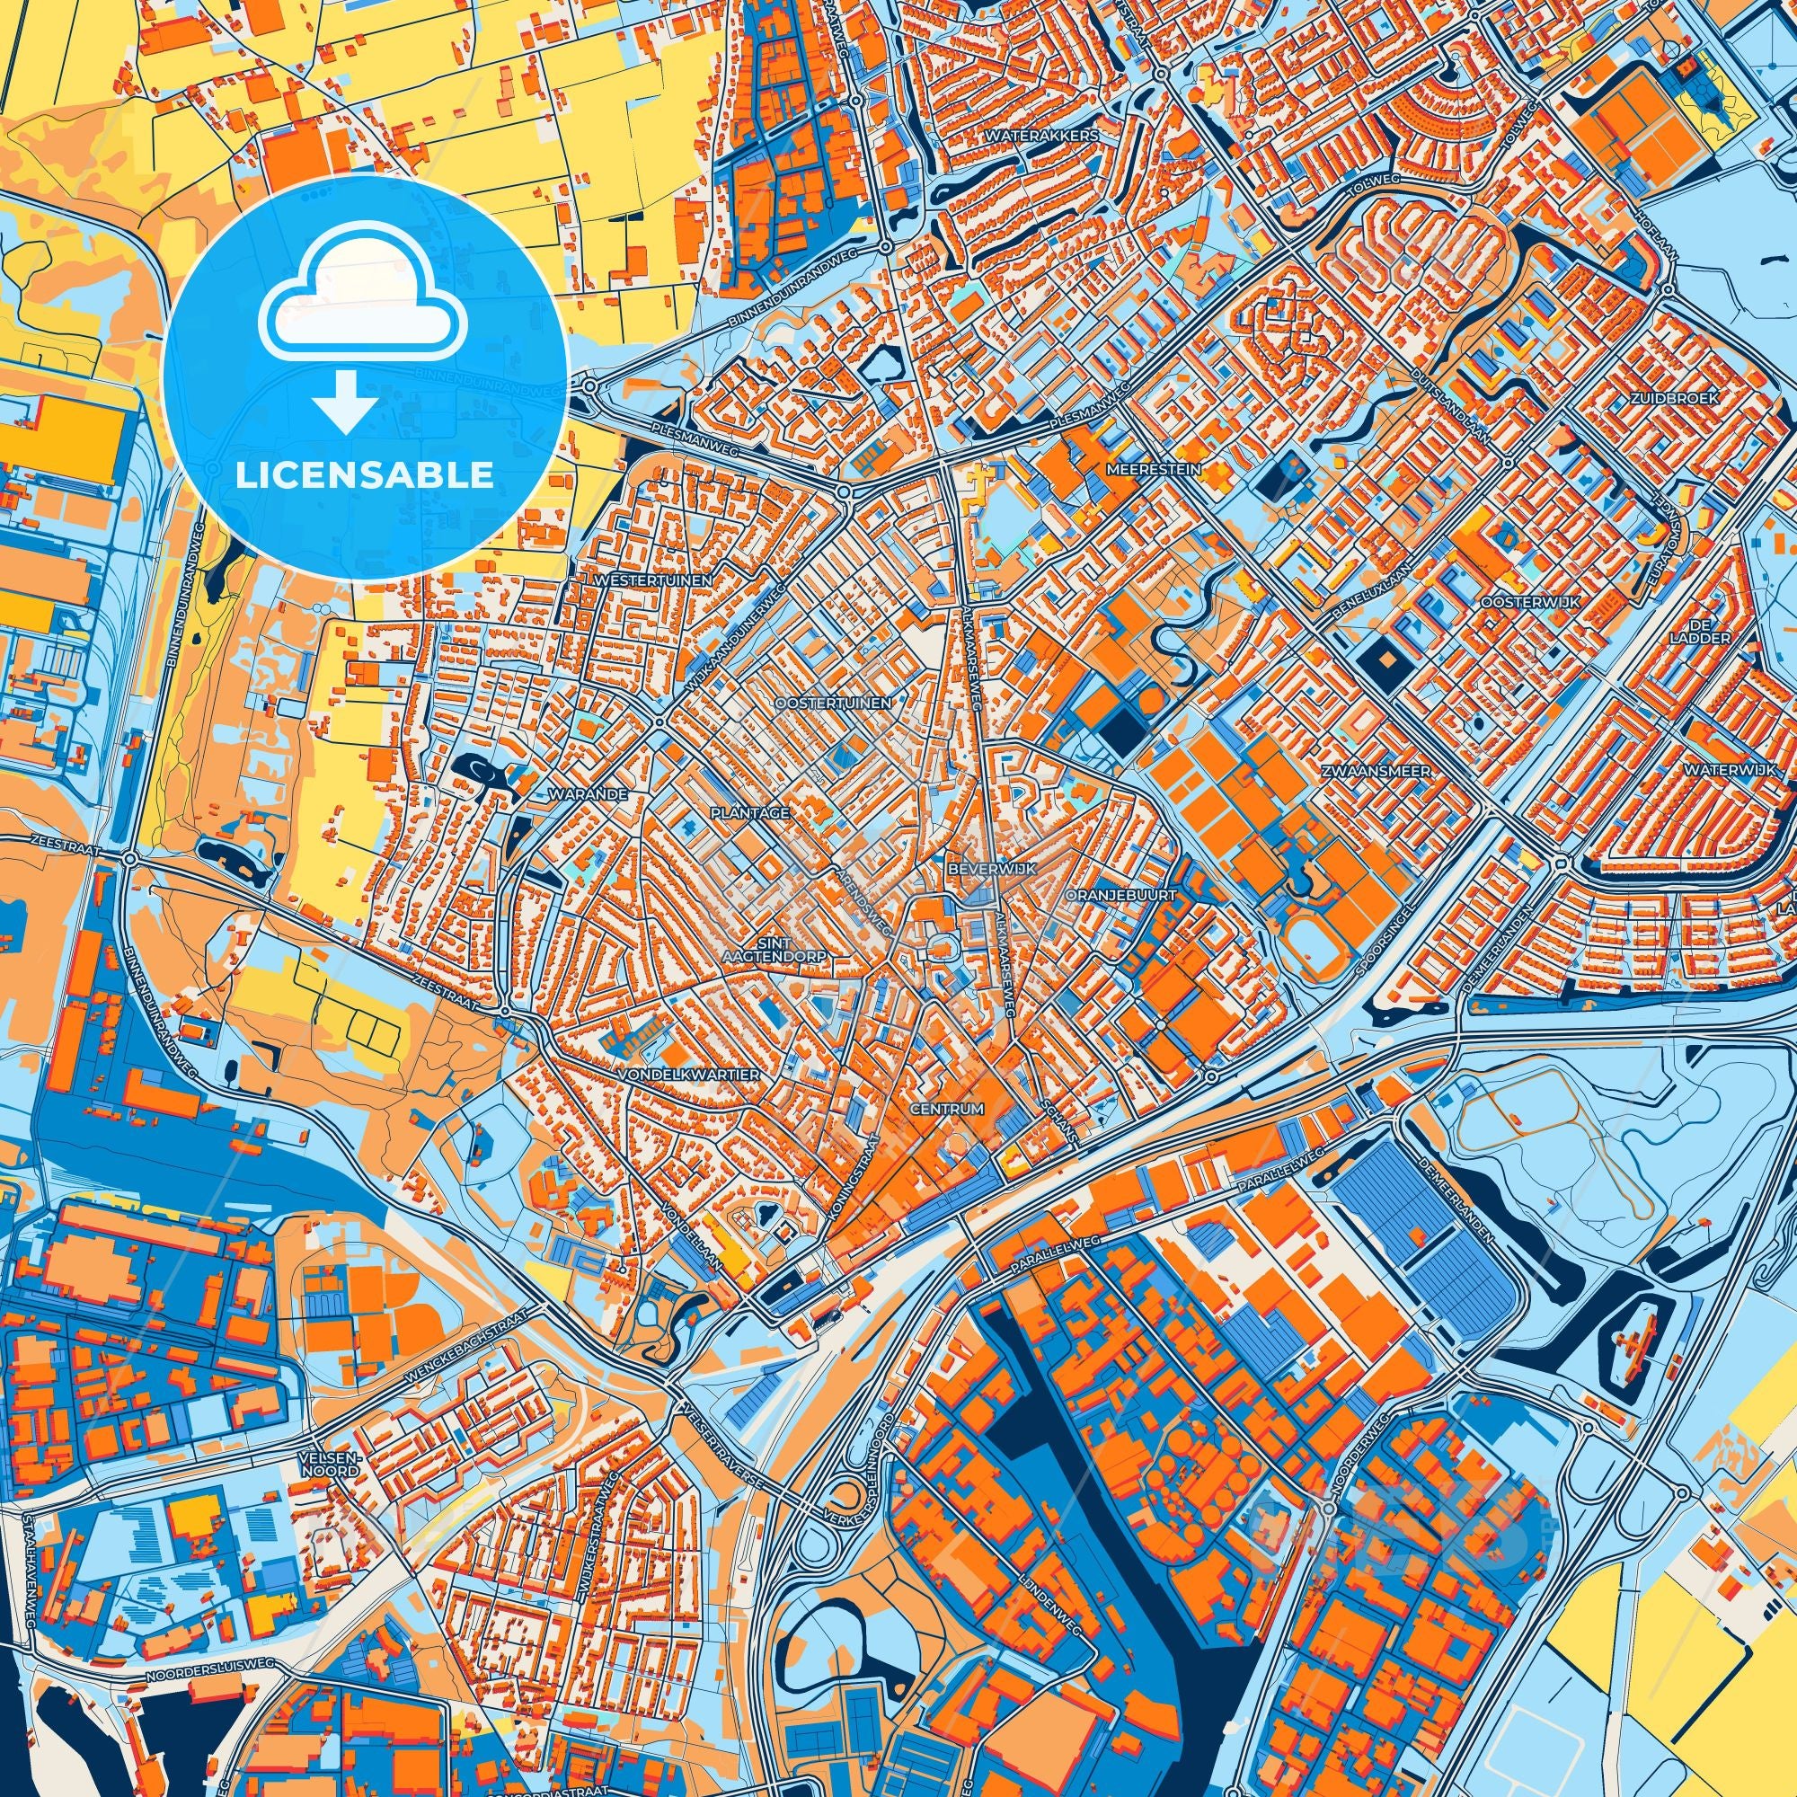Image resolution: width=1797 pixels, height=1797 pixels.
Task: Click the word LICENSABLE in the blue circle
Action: pyautogui.click(x=364, y=475)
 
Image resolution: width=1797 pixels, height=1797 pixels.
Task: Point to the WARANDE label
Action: pyautogui.click(x=588, y=795)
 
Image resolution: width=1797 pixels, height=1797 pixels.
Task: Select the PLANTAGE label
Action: pyautogui.click(x=749, y=812)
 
